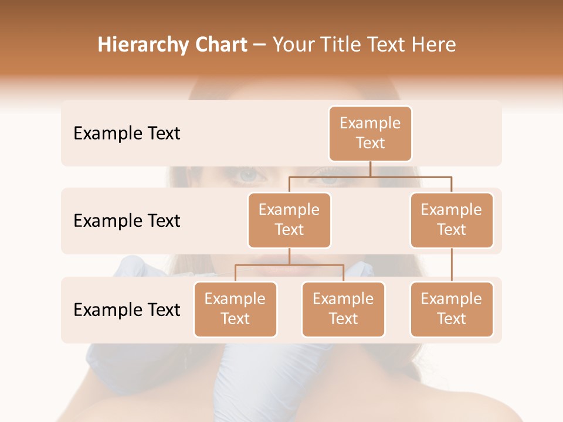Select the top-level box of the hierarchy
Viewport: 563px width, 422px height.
point(370,134)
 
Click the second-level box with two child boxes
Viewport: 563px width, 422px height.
point(289,220)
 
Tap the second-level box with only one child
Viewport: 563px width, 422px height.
point(452,220)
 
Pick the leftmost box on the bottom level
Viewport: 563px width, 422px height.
point(235,309)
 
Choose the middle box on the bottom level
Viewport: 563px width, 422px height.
point(343,309)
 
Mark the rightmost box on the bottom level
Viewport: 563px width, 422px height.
point(452,309)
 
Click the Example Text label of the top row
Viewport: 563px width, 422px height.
point(127,134)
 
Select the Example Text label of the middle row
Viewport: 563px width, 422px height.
point(127,221)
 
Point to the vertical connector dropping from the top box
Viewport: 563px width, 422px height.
point(370,169)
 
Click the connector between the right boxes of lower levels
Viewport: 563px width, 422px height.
point(452,265)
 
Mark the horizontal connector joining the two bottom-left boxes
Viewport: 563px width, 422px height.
point(289,265)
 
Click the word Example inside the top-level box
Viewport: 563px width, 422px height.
point(370,123)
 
